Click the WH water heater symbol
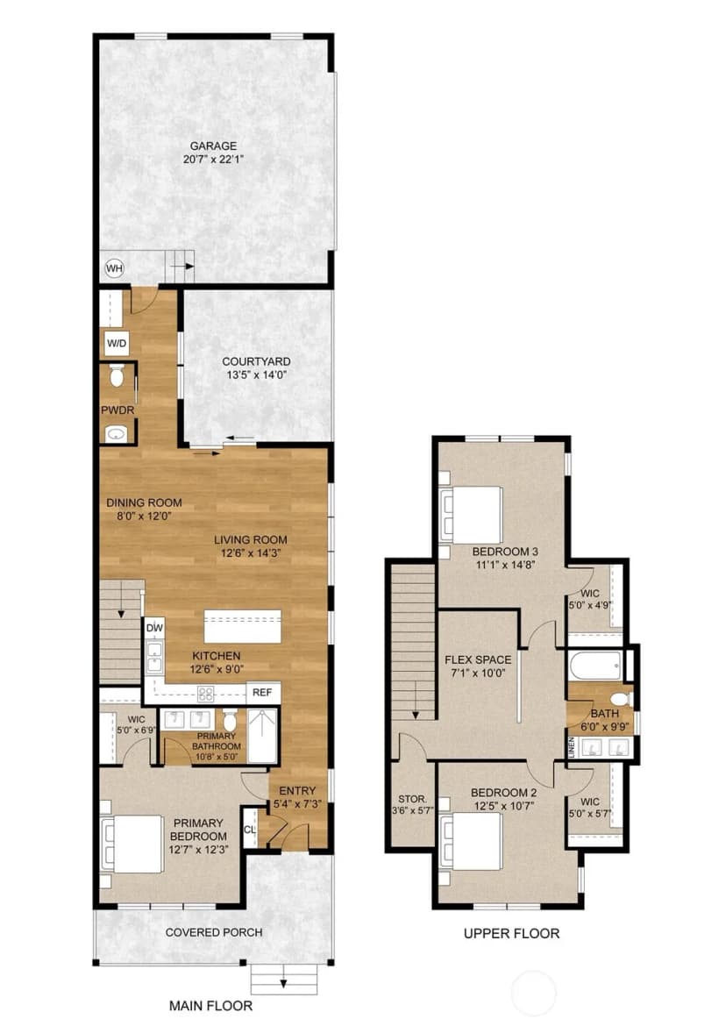(x=115, y=268)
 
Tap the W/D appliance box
(x=117, y=343)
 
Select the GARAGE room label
(x=213, y=146)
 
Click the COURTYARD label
(x=256, y=361)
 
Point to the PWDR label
(x=117, y=410)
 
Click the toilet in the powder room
(x=117, y=375)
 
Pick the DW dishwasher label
(x=154, y=628)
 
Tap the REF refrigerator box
(x=263, y=692)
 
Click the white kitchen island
(x=243, y=627)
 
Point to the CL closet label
(x=250, y=830)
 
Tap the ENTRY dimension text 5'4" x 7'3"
(x=297, y=803)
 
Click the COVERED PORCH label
(x=214, y=932)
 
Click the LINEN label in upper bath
(x=572, y=746)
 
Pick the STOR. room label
(x=412, y=799)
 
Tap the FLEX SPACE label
(x=478, y=659)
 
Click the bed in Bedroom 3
(x=472, y=514)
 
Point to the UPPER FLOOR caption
(x=511, y=934)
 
